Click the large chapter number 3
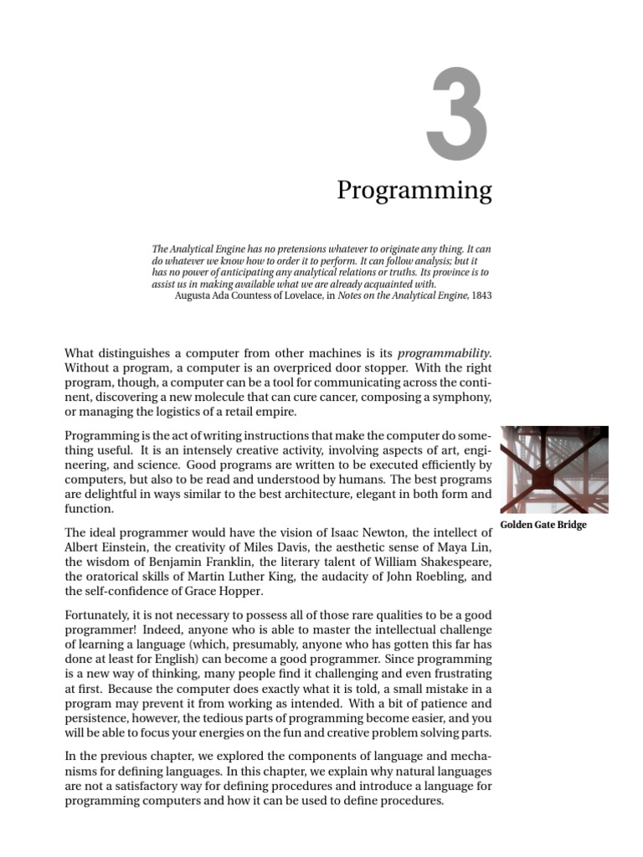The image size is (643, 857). coord(456,117)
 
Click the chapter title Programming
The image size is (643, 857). coord(414,192)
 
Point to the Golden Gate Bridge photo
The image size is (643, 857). coord(553,470)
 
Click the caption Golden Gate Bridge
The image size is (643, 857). coord(543,525)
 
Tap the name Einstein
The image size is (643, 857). coord(125,547)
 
